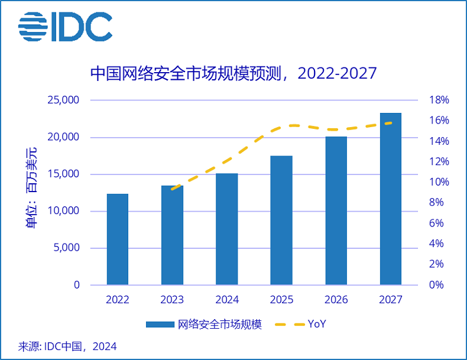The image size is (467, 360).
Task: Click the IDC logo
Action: tap(65, 27)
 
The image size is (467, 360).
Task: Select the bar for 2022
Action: tap(118, 239)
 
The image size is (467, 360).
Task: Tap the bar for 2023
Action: tap(172, 235)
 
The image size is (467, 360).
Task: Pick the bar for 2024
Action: tap(227, 229)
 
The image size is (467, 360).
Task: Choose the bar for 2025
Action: tap(281, 220)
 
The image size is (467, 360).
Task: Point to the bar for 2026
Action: tap(336, 211)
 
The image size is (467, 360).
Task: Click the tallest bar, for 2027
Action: tap(390, 199)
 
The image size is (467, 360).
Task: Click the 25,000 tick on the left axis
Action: tap(63, 100)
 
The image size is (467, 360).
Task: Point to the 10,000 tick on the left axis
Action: tap(63, 211)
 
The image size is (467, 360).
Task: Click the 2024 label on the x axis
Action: tap(227, 300)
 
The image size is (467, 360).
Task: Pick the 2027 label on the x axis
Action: tap(390, 300)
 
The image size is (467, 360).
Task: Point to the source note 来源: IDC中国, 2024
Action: tap(67, 346)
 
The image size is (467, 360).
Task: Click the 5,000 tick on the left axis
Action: tap(66, 248)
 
